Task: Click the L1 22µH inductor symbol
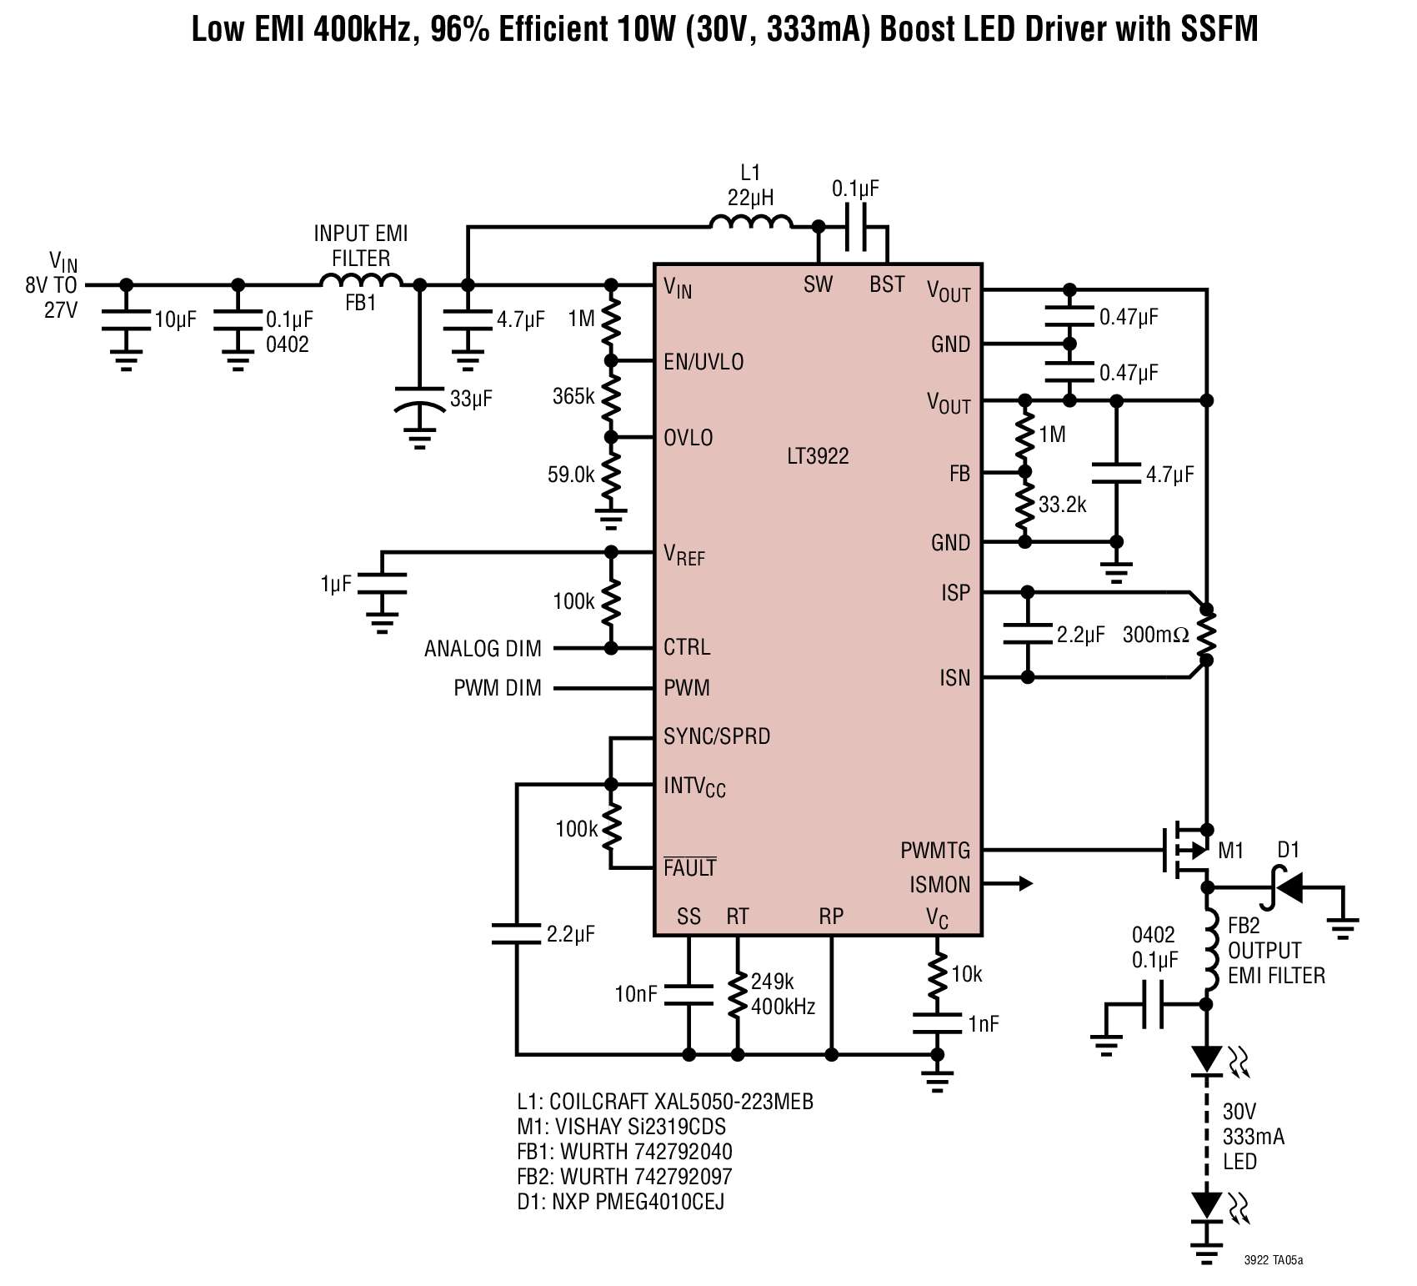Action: [751, 221]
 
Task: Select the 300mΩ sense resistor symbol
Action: [1206, 635]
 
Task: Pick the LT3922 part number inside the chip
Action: [818, 456]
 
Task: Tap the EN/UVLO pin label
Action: [703, 362]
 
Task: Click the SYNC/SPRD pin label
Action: [717, 736]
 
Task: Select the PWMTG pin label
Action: [935, 851]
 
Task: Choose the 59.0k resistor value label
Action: [571, 475]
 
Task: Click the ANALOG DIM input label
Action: [483, 649]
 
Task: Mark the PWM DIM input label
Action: [498, 688]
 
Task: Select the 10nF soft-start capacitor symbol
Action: [688, 994]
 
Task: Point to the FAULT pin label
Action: [690, 867]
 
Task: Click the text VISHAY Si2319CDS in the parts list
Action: [637, 1127]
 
